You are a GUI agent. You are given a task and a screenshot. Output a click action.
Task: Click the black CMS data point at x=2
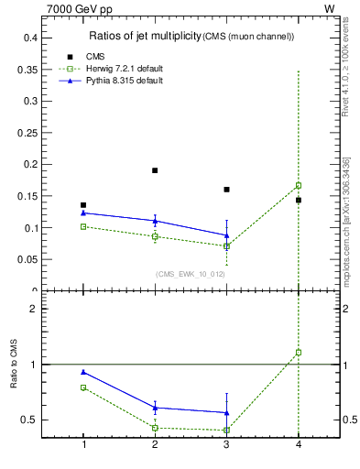[x=155, y=170]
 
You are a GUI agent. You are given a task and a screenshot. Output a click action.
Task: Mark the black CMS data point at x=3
[x=226, y=190]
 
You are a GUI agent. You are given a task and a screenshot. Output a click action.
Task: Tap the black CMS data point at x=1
[x=83, y=205]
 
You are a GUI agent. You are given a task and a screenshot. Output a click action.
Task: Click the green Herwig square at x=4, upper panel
[x=299, y=185]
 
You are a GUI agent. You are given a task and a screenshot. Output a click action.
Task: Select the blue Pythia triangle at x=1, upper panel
[x=83, y=213]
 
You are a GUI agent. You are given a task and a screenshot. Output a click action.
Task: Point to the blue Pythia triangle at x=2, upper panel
[x=155, y=221]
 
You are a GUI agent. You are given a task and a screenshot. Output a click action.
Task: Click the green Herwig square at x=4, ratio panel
[x=299, y=352]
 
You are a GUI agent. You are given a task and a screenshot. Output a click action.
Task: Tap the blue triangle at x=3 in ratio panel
[x=226, y=412]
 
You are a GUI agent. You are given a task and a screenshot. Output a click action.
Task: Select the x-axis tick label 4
[x=299, y=444]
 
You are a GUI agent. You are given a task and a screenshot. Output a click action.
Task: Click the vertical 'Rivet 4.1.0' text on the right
[x=345, y=73]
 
